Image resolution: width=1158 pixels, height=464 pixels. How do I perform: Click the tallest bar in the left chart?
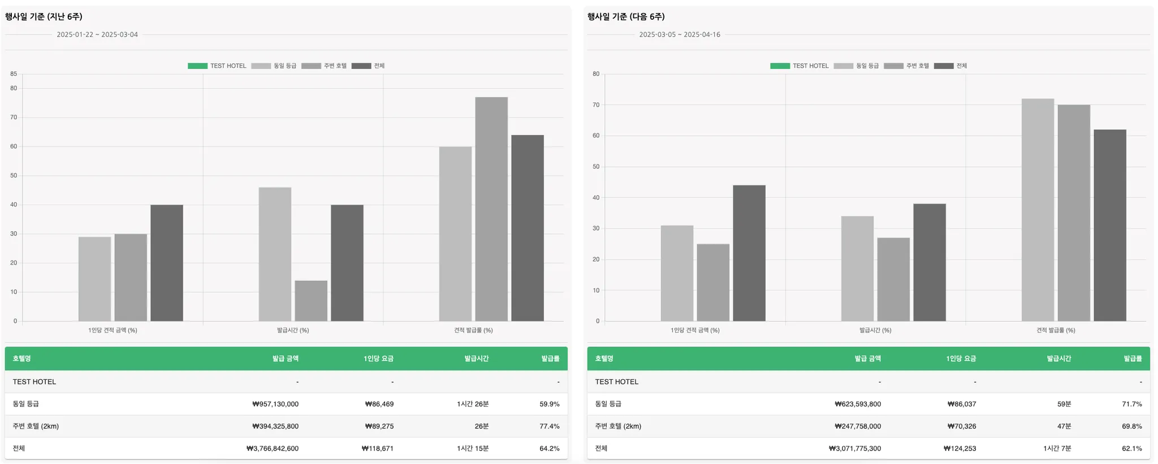(x=491, y=209)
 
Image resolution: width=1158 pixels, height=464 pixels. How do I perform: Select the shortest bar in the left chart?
(x=310, y=301)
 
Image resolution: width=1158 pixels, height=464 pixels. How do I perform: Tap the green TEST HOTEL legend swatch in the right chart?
(x=780, y=66)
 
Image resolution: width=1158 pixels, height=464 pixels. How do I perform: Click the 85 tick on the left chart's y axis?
(x=14, y=74)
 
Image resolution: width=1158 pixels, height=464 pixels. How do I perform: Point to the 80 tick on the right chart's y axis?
(x=596, y=74)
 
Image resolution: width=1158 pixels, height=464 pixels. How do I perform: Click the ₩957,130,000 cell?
(x=275, y=404)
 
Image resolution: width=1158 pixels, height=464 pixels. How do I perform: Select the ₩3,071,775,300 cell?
(x=854, y=449)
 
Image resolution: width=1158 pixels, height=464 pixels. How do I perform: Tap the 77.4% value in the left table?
(x=549, y=426)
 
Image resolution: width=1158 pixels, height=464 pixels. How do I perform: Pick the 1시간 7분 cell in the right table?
(x=1057, y=449)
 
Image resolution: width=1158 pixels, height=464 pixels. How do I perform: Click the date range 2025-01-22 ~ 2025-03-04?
(x=97, y=34)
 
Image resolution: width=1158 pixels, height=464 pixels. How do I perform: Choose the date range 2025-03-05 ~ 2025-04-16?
(x=680, y=34)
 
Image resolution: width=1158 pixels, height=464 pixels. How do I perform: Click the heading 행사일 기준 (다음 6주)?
(x=626, y=17)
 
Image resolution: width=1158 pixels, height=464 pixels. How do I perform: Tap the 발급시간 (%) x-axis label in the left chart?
(x=293, y=330)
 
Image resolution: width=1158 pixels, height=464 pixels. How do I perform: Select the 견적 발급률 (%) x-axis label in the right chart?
(x=1056, y=330)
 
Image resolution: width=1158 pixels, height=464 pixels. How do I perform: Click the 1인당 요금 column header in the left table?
(x=378, y=359)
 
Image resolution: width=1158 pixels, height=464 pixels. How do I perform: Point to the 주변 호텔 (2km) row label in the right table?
(x=618, y=426)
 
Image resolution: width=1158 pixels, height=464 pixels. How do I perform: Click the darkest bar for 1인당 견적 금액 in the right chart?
(x=749, y=253)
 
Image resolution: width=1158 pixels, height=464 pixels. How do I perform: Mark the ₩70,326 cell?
(x=962, y=426)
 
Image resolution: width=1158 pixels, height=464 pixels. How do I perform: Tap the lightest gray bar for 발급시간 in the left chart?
(x=275, y=254)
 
